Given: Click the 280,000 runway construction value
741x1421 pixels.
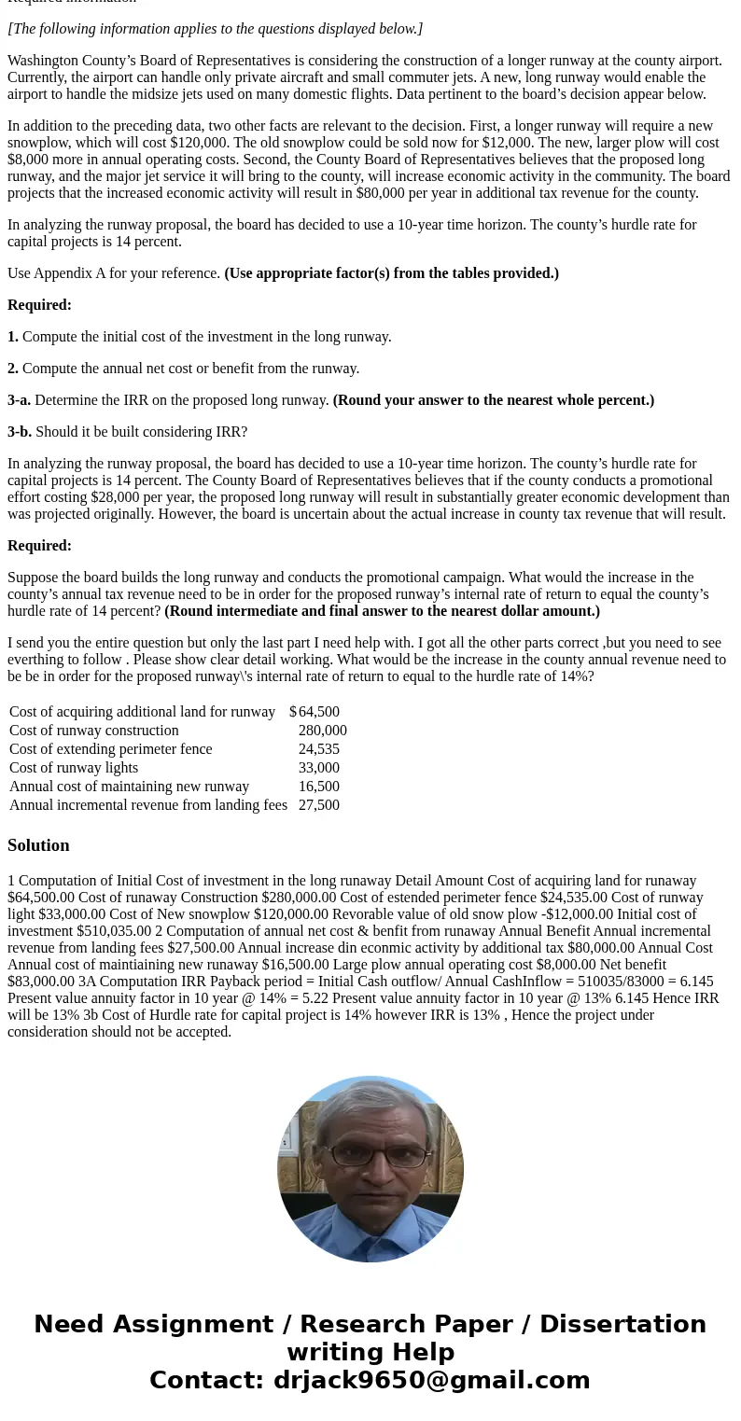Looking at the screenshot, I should click(322, 731).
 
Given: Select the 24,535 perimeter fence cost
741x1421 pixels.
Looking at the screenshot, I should click(318, 749).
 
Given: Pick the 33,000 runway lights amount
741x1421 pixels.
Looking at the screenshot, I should click(318, 768).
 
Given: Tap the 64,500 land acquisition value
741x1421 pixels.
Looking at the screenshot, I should click(318, 712).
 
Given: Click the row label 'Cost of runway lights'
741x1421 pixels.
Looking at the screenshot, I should click(74, 768).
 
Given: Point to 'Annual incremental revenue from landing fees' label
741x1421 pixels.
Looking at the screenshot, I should click(148, 805).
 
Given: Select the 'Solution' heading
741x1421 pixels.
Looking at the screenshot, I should click(38, 845).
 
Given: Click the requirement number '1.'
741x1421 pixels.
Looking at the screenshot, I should click(13, 337).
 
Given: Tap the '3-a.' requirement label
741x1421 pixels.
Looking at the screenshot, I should click(19, 400).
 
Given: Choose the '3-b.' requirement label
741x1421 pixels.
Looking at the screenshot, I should click(20, 432).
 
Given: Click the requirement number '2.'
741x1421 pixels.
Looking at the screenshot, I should click(13, 369).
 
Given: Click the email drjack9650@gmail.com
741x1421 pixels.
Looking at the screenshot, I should click(431, 1380).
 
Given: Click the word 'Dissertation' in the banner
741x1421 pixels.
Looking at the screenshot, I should click(622, 1324).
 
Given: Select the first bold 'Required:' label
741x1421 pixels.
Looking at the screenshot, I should click(39, 305).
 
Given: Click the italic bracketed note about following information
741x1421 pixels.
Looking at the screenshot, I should click(215, 29).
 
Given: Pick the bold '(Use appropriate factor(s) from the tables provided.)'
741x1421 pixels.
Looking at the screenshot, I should click(391, 273).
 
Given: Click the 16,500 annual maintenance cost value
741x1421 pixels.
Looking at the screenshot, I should click(318, 787).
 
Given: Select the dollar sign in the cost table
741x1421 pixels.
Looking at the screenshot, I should click(293, 712).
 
